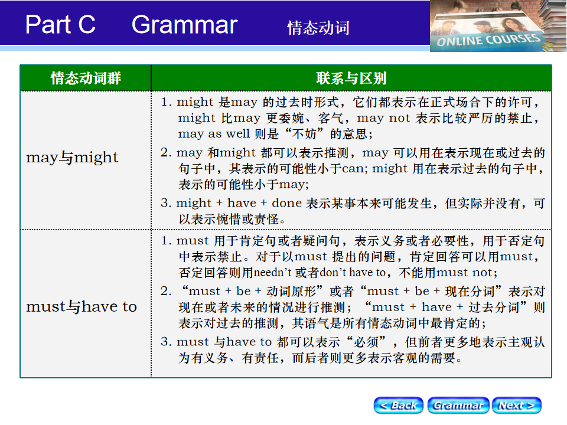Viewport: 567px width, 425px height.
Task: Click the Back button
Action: click(398, 406)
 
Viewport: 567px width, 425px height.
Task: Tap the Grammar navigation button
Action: click(458, 406)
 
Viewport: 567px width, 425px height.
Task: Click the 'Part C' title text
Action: click(60, 25)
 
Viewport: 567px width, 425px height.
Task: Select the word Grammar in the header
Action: click(184, 25)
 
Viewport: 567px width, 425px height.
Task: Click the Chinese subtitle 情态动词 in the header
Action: click(318, 28)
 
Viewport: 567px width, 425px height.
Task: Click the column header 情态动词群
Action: click(86, 78)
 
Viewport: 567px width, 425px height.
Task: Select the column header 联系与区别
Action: click(351, 78)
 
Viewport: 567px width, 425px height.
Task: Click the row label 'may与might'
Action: click(72, 157)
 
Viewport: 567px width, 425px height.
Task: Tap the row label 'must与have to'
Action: click(82, 306)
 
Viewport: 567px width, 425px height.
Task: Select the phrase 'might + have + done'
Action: click(239, 203)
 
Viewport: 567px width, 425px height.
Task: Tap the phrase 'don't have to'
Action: click(353, 273)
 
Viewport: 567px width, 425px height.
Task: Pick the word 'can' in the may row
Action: click(353, 169)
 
